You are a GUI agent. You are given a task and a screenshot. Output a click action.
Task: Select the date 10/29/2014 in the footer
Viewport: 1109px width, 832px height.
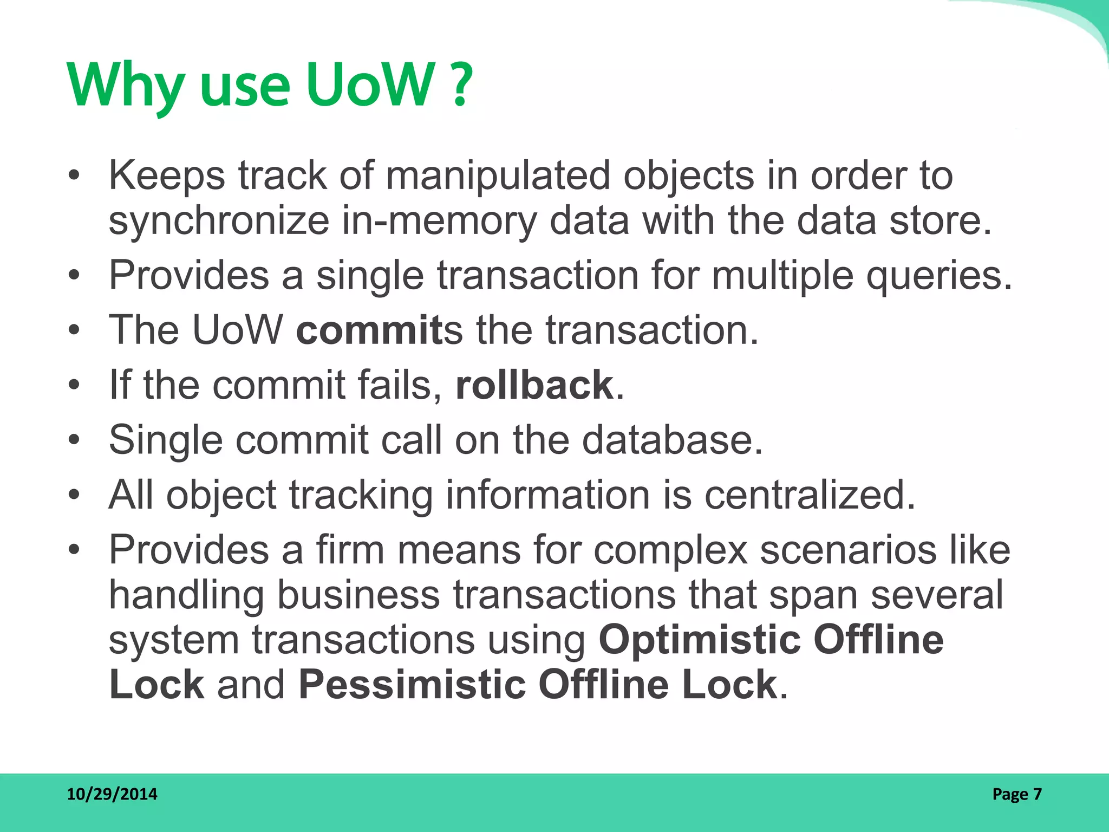(112, 794)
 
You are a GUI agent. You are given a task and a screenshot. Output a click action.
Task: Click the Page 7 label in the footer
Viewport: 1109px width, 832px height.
(1016, 794)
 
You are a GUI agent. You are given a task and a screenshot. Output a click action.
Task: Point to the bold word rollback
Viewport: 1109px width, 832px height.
(534, 385)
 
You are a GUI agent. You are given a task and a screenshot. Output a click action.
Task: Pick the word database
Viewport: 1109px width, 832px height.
(671, 439)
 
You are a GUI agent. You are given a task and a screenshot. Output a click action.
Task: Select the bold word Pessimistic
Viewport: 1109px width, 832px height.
(412, 684)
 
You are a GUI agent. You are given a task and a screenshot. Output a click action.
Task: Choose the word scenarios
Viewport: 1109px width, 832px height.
(848, 550)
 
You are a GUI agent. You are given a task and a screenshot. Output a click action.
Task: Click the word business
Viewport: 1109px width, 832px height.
(358, 595)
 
